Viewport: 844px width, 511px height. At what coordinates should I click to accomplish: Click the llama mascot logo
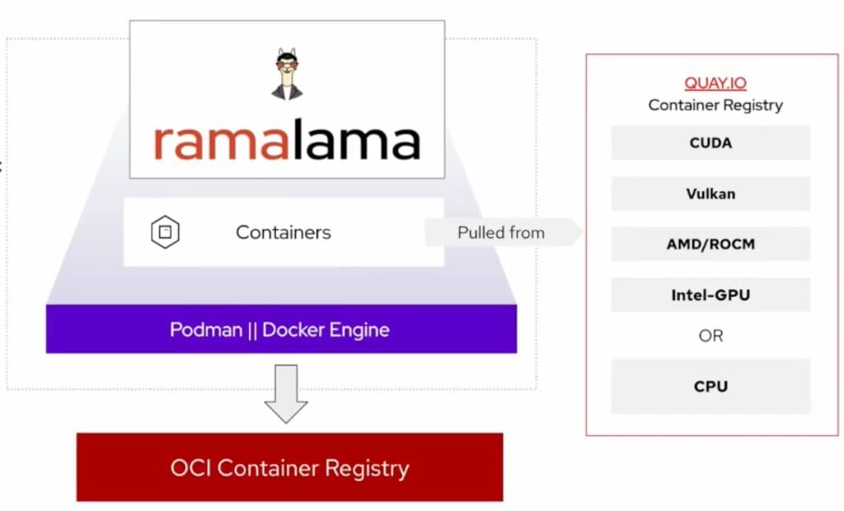287,75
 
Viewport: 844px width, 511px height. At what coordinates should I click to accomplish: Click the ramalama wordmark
287,142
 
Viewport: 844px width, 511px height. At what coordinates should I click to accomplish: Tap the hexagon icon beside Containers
165,232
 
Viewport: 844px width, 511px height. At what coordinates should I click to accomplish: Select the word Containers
284,232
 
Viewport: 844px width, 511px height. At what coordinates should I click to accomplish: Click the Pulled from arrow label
501,232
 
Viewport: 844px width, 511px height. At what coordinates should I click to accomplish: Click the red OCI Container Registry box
289,467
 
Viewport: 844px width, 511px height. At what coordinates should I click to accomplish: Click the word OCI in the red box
192,468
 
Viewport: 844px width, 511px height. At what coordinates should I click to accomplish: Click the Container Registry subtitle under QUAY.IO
715,105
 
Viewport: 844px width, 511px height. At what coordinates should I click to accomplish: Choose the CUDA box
710,143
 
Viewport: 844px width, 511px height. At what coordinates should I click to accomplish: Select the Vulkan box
710,194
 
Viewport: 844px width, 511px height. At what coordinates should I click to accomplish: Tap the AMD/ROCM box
710,244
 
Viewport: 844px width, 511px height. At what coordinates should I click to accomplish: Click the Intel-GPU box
710,294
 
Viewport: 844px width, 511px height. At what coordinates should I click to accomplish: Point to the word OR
710,335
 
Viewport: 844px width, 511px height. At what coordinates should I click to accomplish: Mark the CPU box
710,386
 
